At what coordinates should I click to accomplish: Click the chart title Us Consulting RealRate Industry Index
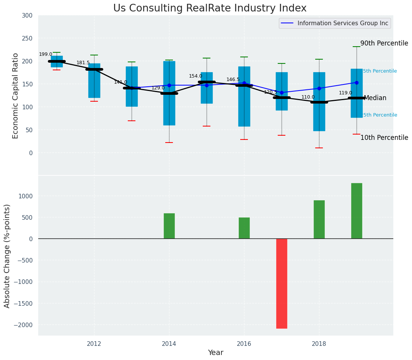210,8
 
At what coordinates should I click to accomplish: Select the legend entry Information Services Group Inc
342,23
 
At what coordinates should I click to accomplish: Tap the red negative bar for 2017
282,283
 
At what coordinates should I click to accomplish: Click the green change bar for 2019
357,211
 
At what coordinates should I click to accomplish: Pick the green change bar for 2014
169,226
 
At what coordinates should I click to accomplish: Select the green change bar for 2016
244,228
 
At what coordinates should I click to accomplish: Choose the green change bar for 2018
319,219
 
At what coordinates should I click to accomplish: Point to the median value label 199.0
46,55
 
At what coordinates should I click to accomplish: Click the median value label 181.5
83,63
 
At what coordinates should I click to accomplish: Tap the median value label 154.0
195,76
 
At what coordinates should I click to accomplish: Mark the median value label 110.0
308,97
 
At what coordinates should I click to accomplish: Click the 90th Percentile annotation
384,44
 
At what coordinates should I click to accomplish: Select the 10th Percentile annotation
384,138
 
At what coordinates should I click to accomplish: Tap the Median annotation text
375,98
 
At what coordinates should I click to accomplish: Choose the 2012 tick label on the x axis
94,344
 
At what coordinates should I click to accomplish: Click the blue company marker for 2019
357,83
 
